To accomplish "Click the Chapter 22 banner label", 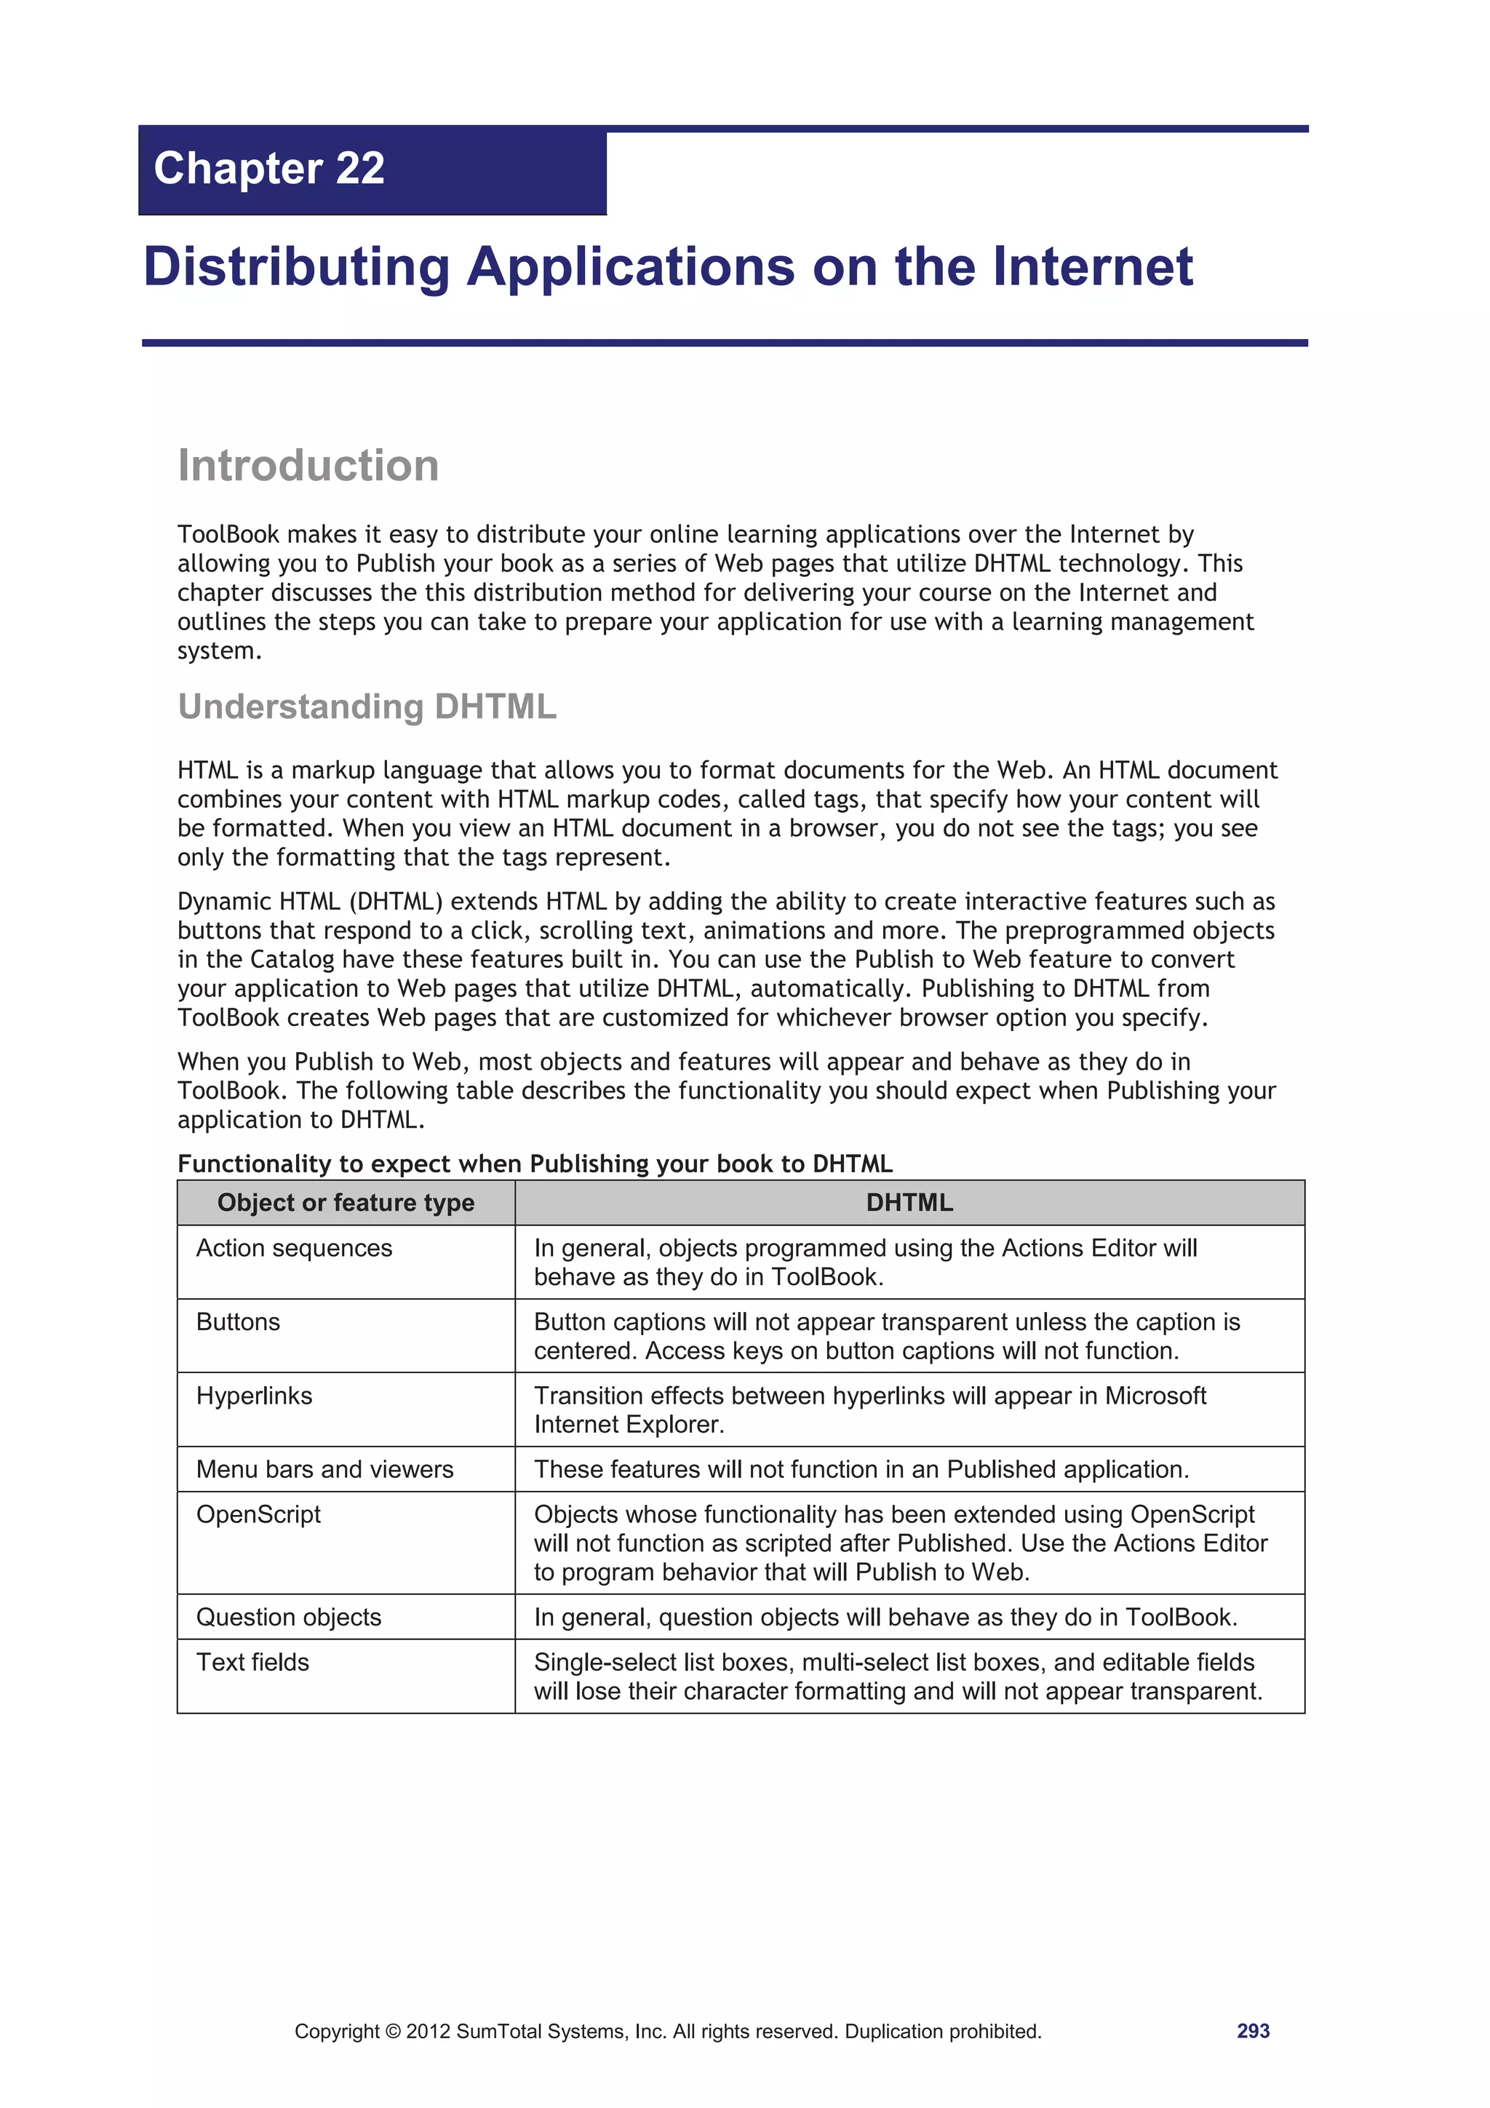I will click(x=269, y=169).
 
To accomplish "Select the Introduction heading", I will click(x=308, y=466).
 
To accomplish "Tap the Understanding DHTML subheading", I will click(x=367, y=707).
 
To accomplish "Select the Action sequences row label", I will click(x=294, y=1249).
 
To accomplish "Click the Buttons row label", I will click(x=238, y=1322).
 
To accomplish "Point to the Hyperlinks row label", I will click(x=255, y=1396).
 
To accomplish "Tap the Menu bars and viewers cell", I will click(x=325, y=1470).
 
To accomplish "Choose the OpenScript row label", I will click(x=259, y=1515).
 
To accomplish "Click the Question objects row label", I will click(x=289, y=1618).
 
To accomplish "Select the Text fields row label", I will click(x=252, y=1663).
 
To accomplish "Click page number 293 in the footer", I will click(x=1253, y=2031).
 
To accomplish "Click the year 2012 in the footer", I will click(x=428, y=2032).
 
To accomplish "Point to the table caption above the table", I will click(x=534, y=1164).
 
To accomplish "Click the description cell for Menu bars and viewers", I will click(x=861, y=1470).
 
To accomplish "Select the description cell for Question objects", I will click(x=885, y=1618).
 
